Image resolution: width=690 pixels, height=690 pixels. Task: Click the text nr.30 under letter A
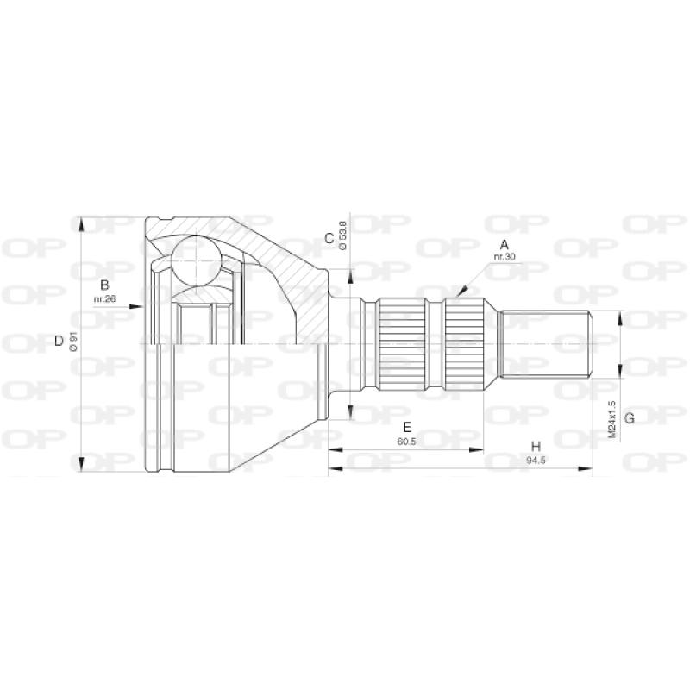pyautogui.click(x=504, y=258)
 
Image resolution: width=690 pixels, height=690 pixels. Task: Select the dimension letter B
pyautogui.click(x=104, y=285)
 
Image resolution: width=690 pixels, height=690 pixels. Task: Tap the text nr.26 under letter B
pyautogui.click(x=105, y=300)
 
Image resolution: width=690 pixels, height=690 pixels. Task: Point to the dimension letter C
pyautogui.click(x=329, y=238)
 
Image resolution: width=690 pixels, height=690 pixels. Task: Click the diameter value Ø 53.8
pyautogui.click(x=343, y=235)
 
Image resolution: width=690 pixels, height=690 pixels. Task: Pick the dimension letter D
pyautogui.click(x=59, y=341)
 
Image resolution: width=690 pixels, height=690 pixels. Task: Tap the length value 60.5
pyautogui.click(x=406, y=442)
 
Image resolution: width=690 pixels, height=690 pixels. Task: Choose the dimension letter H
pyautogui.click(x=536, y=447)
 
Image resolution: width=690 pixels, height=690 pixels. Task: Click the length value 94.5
pyautogui.click(x=536, y=460)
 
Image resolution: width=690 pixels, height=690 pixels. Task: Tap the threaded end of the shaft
pyautogui.click(x=546, y=343)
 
